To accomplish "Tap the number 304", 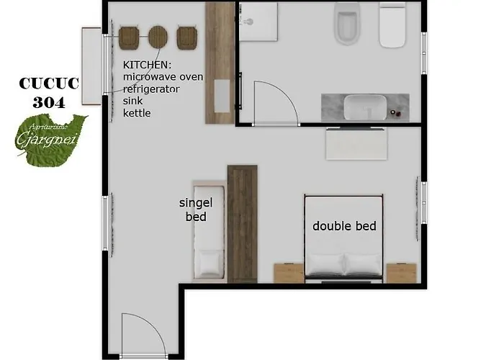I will point(48,102).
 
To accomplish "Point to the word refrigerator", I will point(151,89).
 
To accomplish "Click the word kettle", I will point(137,113).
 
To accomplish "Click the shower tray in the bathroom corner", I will point(258,22).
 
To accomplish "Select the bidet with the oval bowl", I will point(346,24).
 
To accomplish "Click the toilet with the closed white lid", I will point(393,24).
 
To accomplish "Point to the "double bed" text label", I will point(344,226).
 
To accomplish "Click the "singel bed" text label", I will point(196,210).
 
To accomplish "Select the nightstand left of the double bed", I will point(289,273).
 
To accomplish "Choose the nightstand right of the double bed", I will point(401,273).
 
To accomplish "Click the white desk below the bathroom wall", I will point(358,144).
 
